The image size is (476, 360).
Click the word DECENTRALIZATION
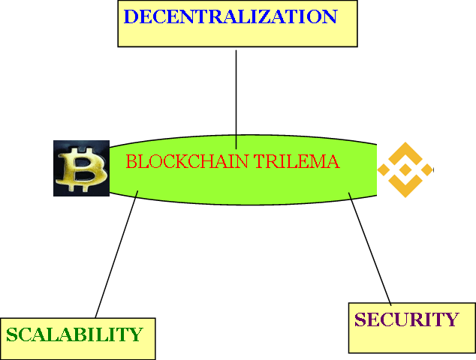[x=230, y=16]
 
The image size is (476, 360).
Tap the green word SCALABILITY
[x=74, y=334]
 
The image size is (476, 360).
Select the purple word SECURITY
[x=405, y=319]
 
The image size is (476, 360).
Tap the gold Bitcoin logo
[x=81, y=168]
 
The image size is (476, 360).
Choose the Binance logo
[x=405, y=169]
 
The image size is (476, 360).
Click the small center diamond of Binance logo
[x=405, y=169]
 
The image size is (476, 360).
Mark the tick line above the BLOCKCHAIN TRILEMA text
[x=236, y=142]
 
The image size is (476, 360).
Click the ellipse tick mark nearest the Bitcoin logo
[x=137, y=193]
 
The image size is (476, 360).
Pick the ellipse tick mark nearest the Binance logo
[x=350, y=196]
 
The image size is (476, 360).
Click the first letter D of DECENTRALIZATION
[x=130, y=16]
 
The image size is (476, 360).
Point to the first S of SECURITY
[x=360, y=319]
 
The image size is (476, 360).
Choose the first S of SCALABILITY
[x=11, y=334]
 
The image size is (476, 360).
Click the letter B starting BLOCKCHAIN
[x=131, y=161]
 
